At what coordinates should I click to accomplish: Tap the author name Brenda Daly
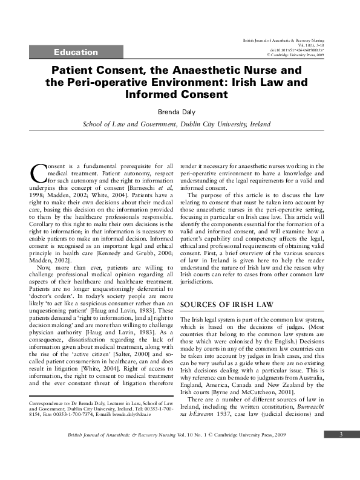[179, 112]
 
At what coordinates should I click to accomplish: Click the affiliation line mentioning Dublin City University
[177, 125]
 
